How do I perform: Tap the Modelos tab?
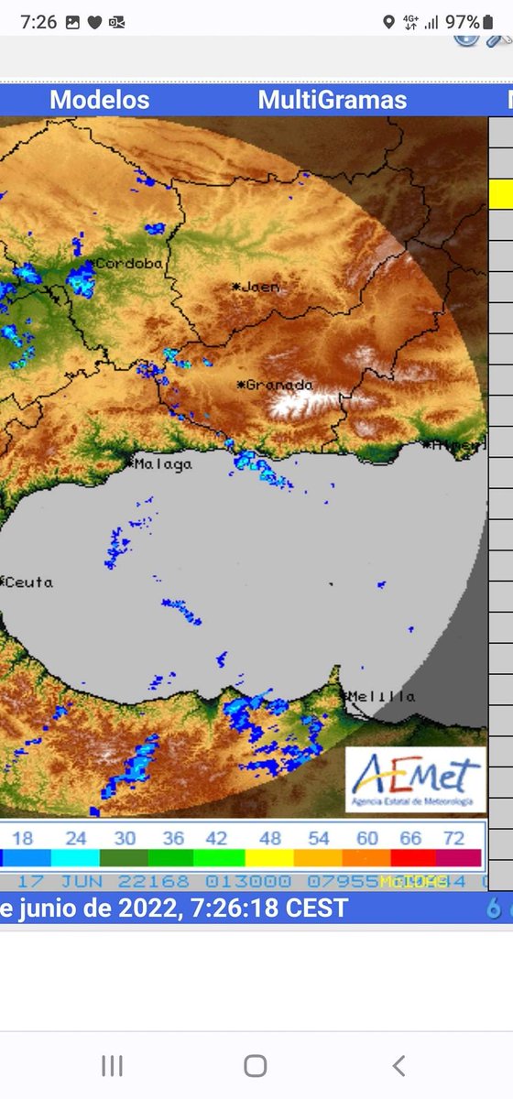click(99, 100)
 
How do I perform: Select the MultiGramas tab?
click(333, 100)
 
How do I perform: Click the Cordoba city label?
click(129, 264)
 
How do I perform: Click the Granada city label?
click(276, 385)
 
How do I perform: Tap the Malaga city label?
click(162, 464)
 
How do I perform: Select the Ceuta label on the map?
click(27, 582)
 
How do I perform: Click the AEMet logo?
click(415, 780)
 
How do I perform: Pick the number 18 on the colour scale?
click(23, 838)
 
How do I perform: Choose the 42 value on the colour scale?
click(216, 838)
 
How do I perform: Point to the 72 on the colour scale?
click(453, 838)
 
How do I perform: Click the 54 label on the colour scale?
click(319, 838)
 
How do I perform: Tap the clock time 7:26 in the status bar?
click(38, 22)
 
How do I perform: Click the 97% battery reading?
click(463, 22)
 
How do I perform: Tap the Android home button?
click(256, 1065)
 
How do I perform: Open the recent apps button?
click(112, 1065)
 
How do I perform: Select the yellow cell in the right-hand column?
click(501, 193)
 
